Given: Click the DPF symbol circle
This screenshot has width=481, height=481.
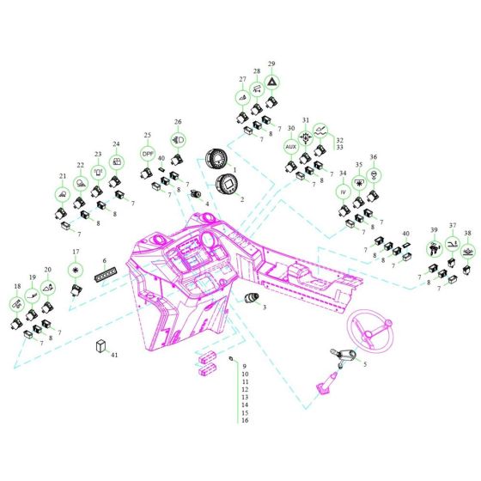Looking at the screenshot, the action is [x=148, y=154].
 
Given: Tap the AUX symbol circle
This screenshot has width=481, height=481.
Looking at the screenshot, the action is [x=291, y=147].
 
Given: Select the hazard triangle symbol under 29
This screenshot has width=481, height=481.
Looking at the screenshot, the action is [x=271, y=82].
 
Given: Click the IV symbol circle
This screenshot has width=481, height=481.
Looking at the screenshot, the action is [x=343, y=192].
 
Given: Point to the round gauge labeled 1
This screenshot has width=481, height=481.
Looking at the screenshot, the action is [x=216, y=159].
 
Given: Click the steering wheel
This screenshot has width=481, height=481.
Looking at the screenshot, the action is [x=370, y=331].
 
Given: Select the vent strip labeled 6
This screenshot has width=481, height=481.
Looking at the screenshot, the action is [x=105, y=275].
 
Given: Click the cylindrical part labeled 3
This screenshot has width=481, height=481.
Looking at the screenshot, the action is [x=252, y=298].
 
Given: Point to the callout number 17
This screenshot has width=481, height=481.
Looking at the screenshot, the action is [x=76, y=252].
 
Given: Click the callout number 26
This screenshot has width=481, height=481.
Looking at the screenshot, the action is [x=178, y=122].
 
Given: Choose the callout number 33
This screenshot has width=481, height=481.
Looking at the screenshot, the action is [x=339, y=147].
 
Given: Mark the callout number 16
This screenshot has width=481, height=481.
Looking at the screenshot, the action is [x=245, y=420].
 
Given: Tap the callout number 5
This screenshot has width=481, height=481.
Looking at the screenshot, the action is [x=365, y=364].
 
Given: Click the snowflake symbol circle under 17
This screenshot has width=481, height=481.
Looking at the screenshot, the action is [x=76, y=270].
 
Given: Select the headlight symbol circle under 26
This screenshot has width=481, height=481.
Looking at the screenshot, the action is [x=179, y=140].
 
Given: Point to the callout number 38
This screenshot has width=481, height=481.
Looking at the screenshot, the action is [x=467, y=233].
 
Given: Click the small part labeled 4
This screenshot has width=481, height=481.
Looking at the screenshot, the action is [x=195, y=193].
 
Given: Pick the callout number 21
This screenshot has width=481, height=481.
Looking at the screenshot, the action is [x=63, y=176].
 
